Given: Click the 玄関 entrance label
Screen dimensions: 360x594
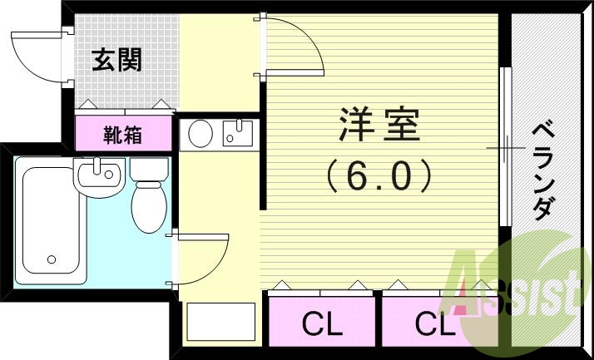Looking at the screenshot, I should [116, 60].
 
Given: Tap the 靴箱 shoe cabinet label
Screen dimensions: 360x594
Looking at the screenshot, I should [123, 133].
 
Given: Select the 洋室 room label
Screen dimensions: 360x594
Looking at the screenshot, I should [379, 126].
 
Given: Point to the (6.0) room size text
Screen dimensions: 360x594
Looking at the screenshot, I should [379, 175].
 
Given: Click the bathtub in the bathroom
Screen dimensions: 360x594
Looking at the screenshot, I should [49, 219].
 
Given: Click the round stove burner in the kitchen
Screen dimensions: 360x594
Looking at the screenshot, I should [200, 133].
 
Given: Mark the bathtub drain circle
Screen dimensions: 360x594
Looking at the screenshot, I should [52, 259].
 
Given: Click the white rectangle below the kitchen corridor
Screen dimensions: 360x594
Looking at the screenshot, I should [220, 320].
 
